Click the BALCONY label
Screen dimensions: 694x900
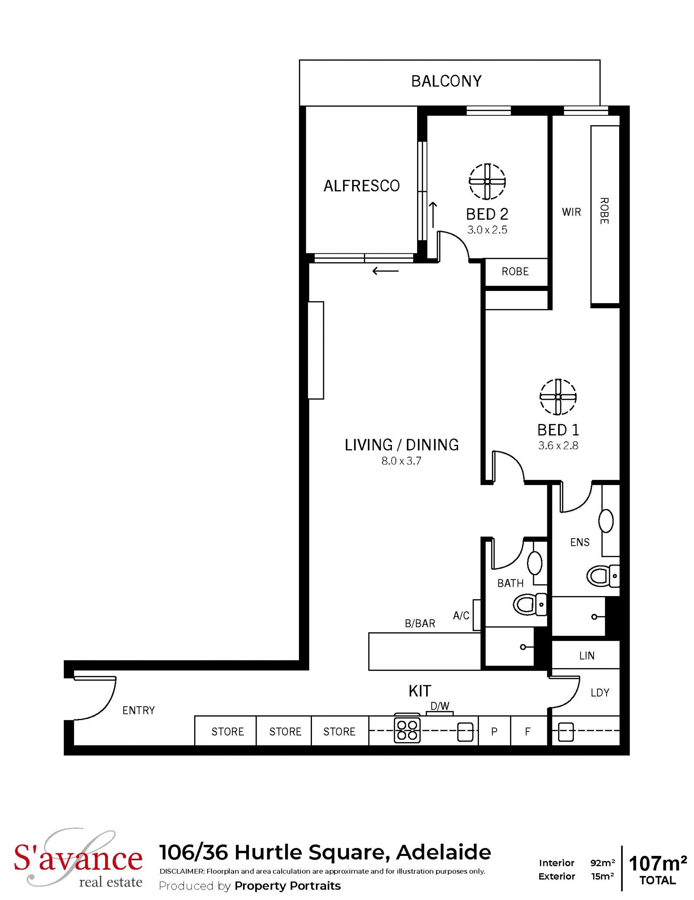tap(446, 81)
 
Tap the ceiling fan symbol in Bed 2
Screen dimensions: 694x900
tap(487, 181)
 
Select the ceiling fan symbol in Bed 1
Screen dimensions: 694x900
tap(558, 397)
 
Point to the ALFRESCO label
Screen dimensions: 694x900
tap(361, 186)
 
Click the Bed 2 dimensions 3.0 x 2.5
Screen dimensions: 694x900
tap(487, 230)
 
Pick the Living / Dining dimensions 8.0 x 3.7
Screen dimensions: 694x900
tap(401, 461)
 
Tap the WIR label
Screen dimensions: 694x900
tap(571, 212)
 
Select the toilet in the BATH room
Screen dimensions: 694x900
tap(530, 605)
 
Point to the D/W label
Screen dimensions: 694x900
tap(440, 706)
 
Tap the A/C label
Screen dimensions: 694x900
tap(461, 616)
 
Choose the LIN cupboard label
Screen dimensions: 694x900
tap(586, 655)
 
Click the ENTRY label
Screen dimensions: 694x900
tap(138, 710)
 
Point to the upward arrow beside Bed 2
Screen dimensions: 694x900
tap(433, 215)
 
